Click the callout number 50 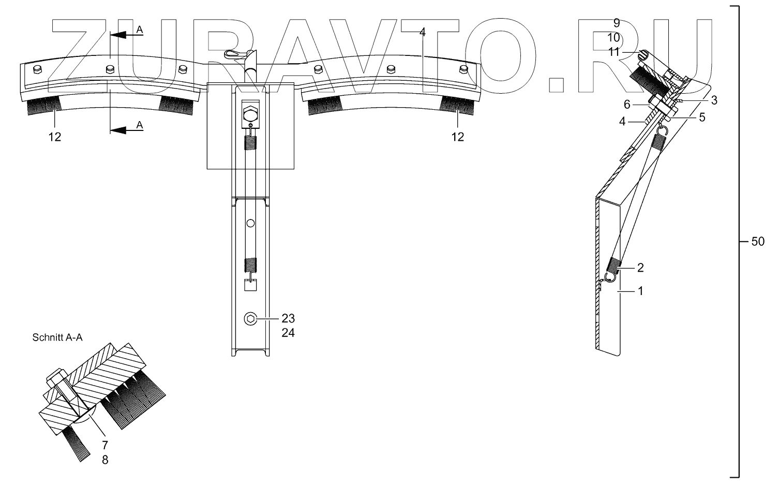click(757, 242)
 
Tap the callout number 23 click(288, 318)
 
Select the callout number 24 click(288, 333)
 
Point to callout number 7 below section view click(106, 445)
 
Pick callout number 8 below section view click(106, 459)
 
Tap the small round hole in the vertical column click(250, 223)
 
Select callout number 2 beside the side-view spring click(640, 268)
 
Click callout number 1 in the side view click(640, 291)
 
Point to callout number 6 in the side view click(627, 105)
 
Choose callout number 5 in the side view click(701, 117)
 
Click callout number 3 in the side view click(713, 100)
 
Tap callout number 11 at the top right click(614, 52)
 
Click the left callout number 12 click(55, 137)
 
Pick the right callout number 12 click(457, 137)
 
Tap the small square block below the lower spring click(251, 285)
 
